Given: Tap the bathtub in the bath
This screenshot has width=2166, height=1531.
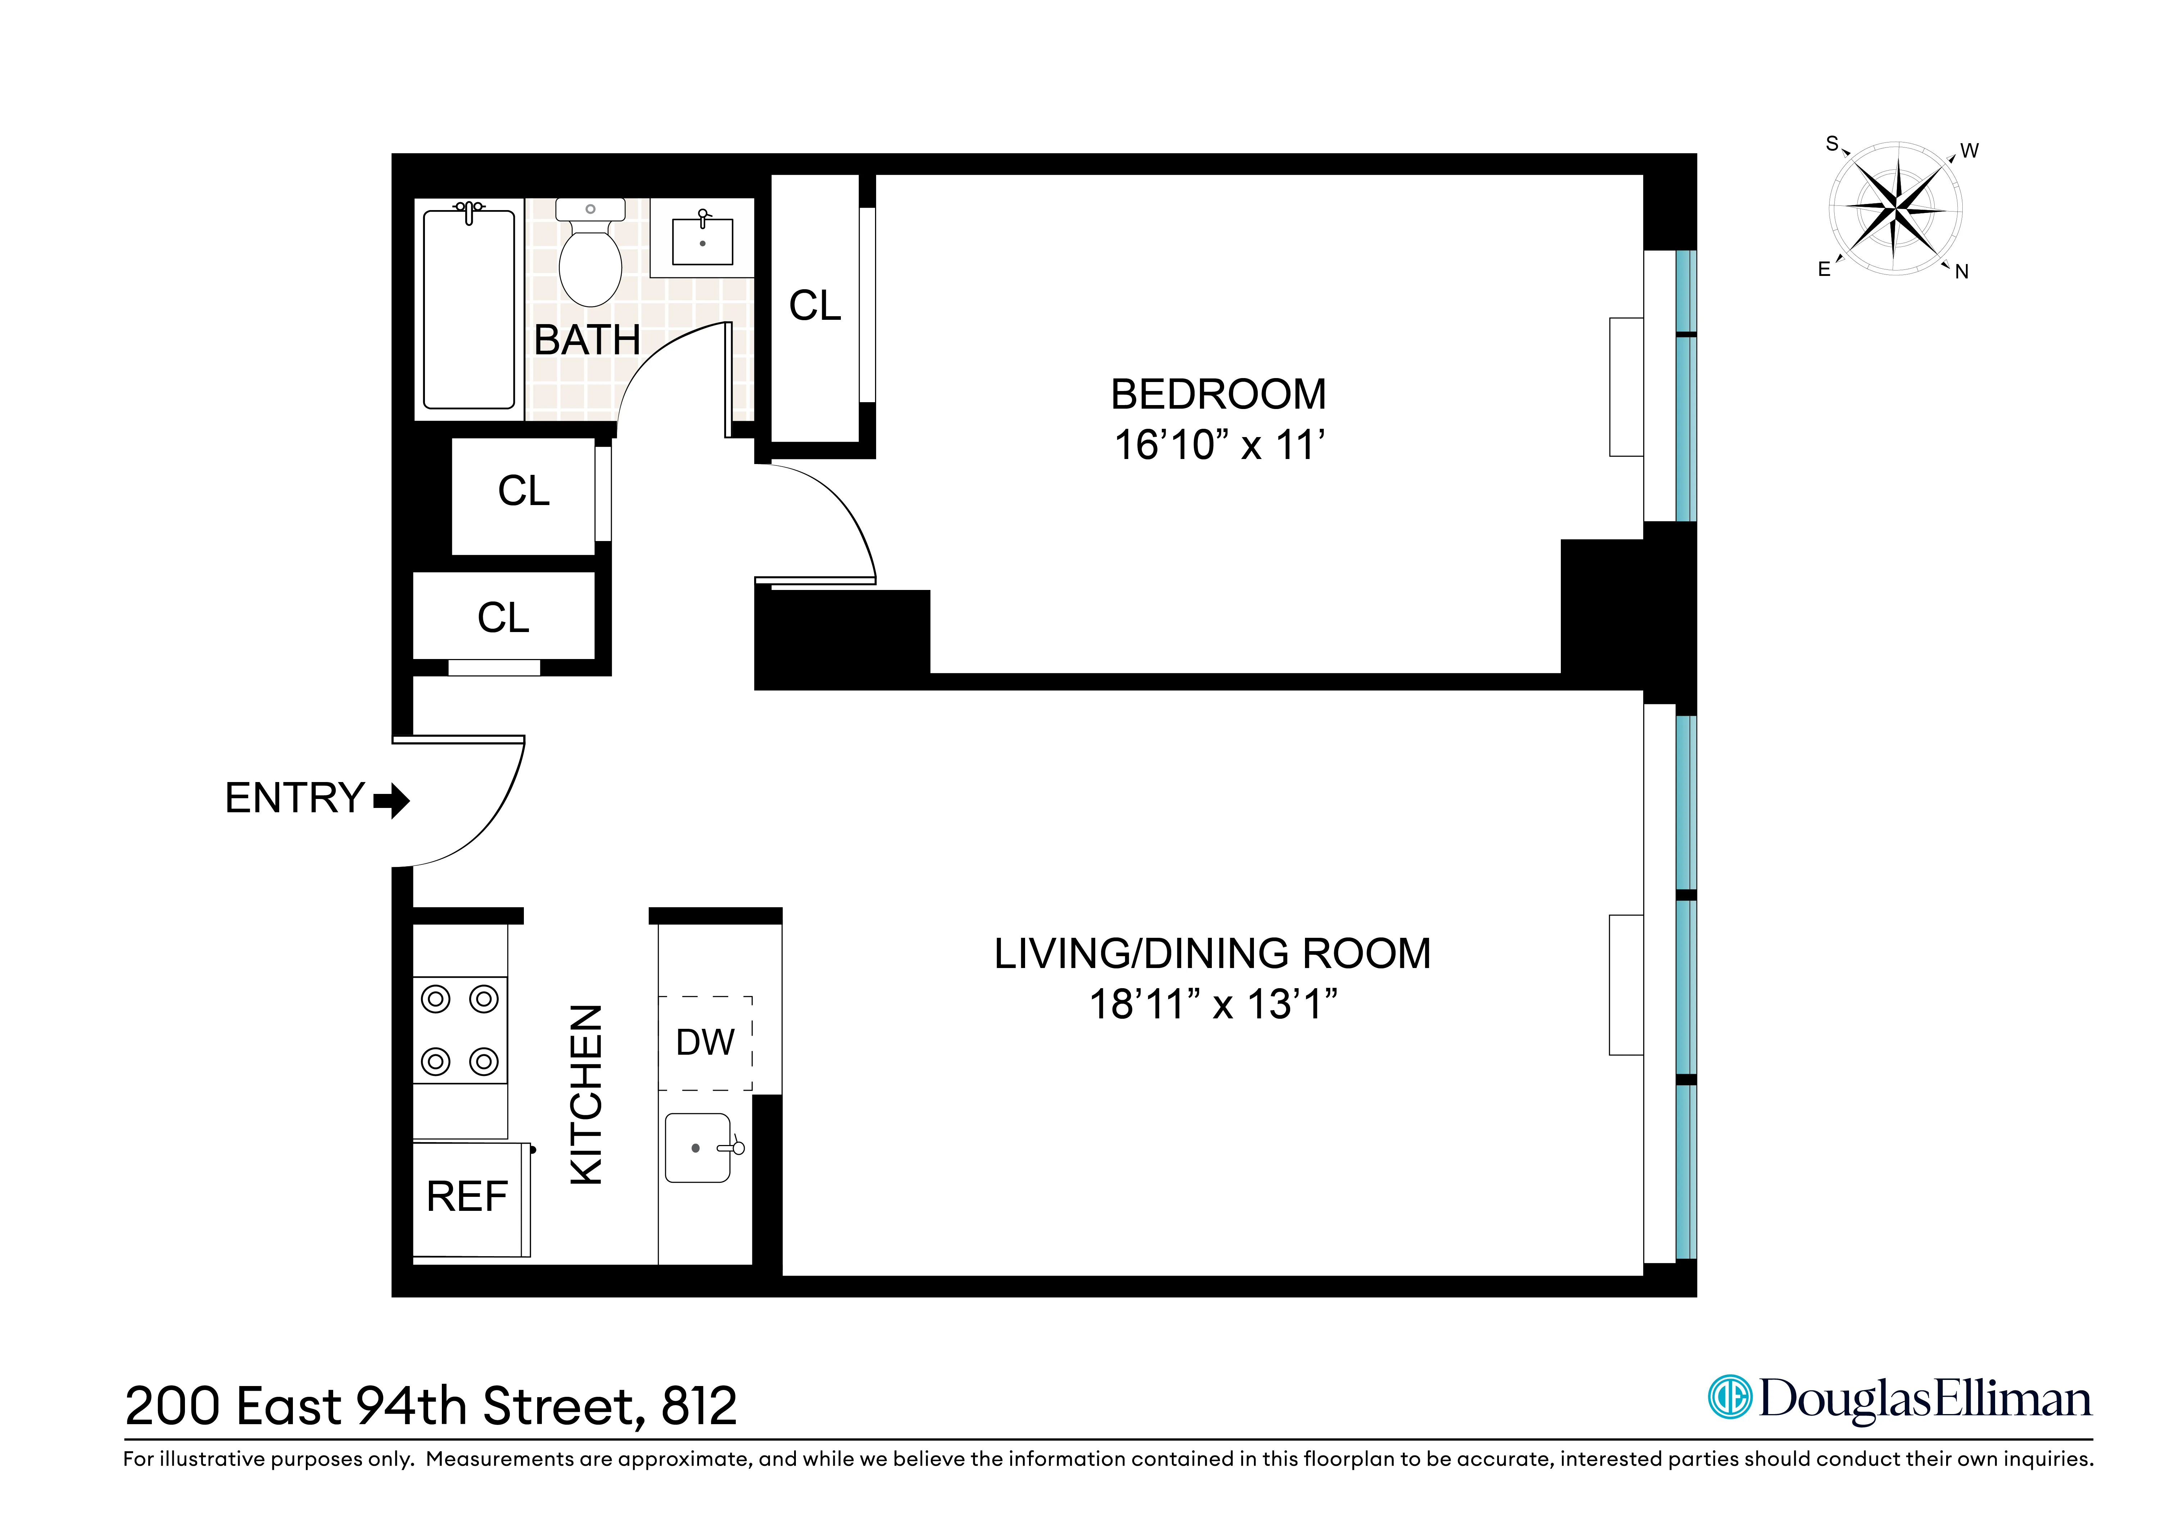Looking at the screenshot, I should coord(469,309).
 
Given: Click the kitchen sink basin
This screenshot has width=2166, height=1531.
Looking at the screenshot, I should coord(697,1148).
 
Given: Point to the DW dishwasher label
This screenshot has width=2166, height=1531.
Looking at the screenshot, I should coord(705,1042).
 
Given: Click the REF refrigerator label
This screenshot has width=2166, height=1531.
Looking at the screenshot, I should coord(467,1197).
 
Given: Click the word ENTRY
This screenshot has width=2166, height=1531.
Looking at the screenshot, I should coord(294,798).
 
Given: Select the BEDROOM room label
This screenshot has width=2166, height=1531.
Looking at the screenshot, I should coord(1218,394).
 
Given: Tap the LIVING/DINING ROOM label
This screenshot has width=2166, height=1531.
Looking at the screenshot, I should coord(1212,954).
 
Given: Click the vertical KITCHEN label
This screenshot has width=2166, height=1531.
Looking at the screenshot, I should coord(586,1094).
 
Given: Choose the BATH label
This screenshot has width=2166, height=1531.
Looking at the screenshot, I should coord(587,340).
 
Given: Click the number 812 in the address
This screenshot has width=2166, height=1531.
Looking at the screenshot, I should coord(699,1407).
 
